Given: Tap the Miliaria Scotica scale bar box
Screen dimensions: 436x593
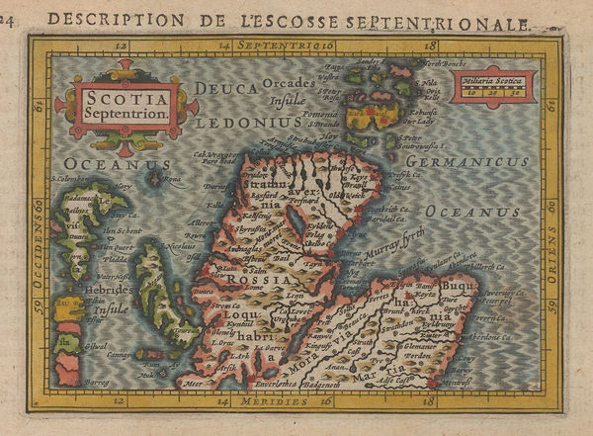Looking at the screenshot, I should click(x=493, y=87).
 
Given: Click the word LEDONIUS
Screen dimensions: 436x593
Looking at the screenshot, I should click(x=248, y=123).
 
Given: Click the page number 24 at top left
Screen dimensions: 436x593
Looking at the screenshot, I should click(x=8, y=19).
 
